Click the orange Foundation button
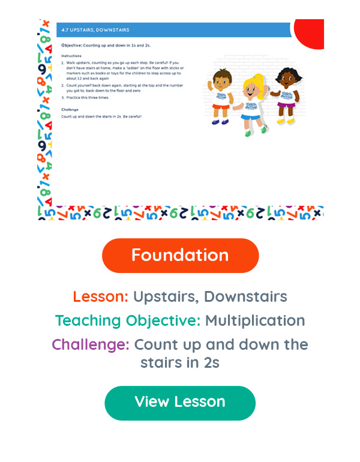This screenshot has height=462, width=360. tap(180, 256)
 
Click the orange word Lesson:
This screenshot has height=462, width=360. tap(100, 296)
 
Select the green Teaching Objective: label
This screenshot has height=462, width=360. tap(128, 321)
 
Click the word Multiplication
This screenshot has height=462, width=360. tap(255, 321)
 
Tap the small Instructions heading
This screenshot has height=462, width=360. tap(72, 56)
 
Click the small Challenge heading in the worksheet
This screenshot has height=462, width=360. tap(70, 109)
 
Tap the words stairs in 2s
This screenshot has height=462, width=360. tap(180, 362)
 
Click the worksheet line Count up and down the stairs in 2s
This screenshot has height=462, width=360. tap(101, 116)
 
